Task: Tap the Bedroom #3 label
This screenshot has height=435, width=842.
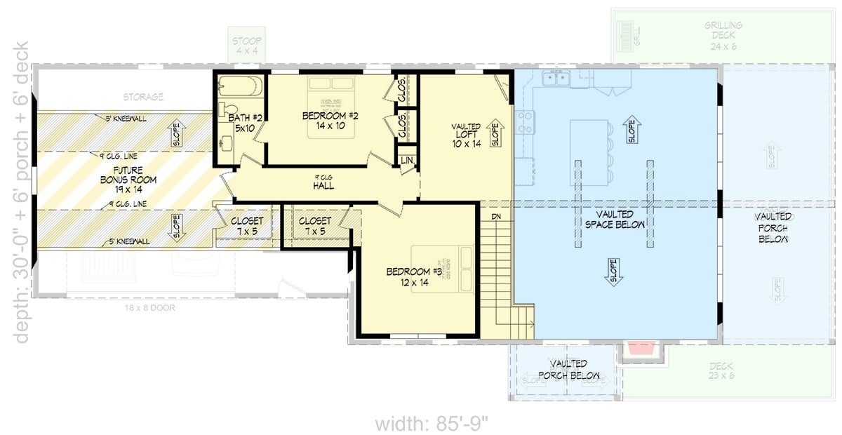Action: click(x=413, y=276)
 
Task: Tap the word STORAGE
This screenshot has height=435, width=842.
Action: click(x=143, y=97)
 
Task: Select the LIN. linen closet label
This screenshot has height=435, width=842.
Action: click(x=407, y=161)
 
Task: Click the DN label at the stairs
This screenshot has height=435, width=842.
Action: click(x=496, y=217)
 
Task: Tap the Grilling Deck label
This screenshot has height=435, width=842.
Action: click(x=723, y=31)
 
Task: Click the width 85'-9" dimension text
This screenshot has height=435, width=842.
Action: click(x=431, y=424)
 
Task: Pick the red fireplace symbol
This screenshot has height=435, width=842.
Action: click(x=640, y=349)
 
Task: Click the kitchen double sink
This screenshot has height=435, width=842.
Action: click(x=559, y=78)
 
